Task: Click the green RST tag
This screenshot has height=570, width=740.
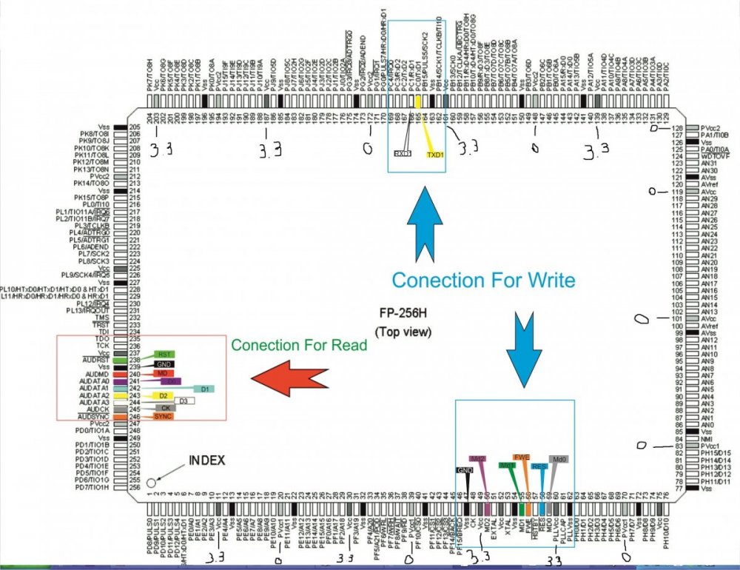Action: tap(164, 355)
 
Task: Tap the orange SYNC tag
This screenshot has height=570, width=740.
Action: tap(163, 418)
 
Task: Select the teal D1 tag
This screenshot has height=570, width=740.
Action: tap(203, 388)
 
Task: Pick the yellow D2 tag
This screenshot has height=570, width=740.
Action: tap(162, 396)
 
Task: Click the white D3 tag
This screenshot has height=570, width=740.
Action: tap(182, 401)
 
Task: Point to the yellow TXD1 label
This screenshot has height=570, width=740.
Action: tap(435, 155)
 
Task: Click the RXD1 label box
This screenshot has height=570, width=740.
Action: tap(403, 154)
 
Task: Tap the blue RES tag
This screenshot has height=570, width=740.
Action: tap(539, 467)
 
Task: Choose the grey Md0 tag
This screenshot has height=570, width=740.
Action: tap(559, 460)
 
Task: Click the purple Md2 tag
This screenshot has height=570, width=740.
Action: tap(478, 460)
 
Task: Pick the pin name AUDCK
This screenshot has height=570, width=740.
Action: tap(97, 409)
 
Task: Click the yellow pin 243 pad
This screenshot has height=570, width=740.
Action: tap(135, 396)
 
